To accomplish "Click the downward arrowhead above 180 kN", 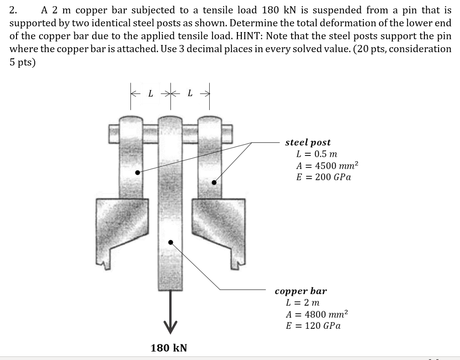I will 170,326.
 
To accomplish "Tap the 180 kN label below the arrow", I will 169,348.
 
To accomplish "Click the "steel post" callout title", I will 308,143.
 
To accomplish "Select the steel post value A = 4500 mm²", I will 327,166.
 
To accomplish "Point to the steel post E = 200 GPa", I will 323,177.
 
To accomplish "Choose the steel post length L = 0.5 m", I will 317,154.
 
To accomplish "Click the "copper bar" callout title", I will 301,291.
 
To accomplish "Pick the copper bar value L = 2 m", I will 302,303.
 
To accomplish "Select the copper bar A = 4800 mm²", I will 316,314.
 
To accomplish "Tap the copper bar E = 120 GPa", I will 313,326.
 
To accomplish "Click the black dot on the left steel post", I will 138,172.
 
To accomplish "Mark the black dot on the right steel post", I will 214,182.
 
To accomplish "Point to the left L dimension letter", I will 150,94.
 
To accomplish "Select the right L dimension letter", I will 190,94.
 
